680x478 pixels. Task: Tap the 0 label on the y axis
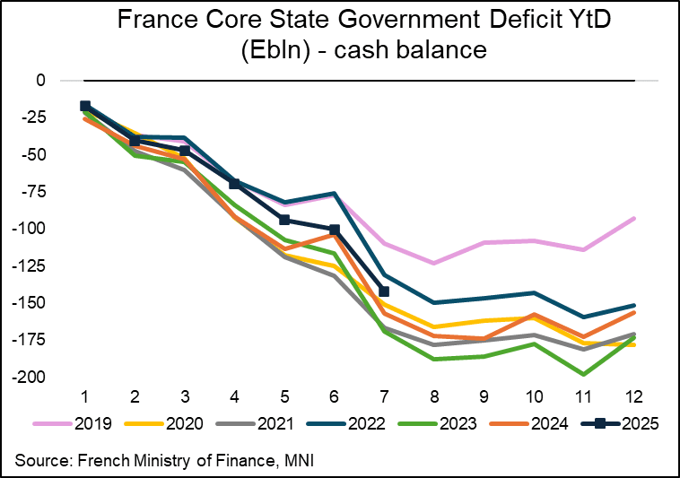(39, 81)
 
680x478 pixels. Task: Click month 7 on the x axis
(384, 396)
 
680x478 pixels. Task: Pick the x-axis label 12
(633, 396)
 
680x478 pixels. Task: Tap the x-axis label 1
(84, 396)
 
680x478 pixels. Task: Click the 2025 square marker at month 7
(384, 291)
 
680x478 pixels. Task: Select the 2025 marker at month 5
(284, 220)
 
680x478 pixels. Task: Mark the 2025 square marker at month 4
(235, 184)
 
